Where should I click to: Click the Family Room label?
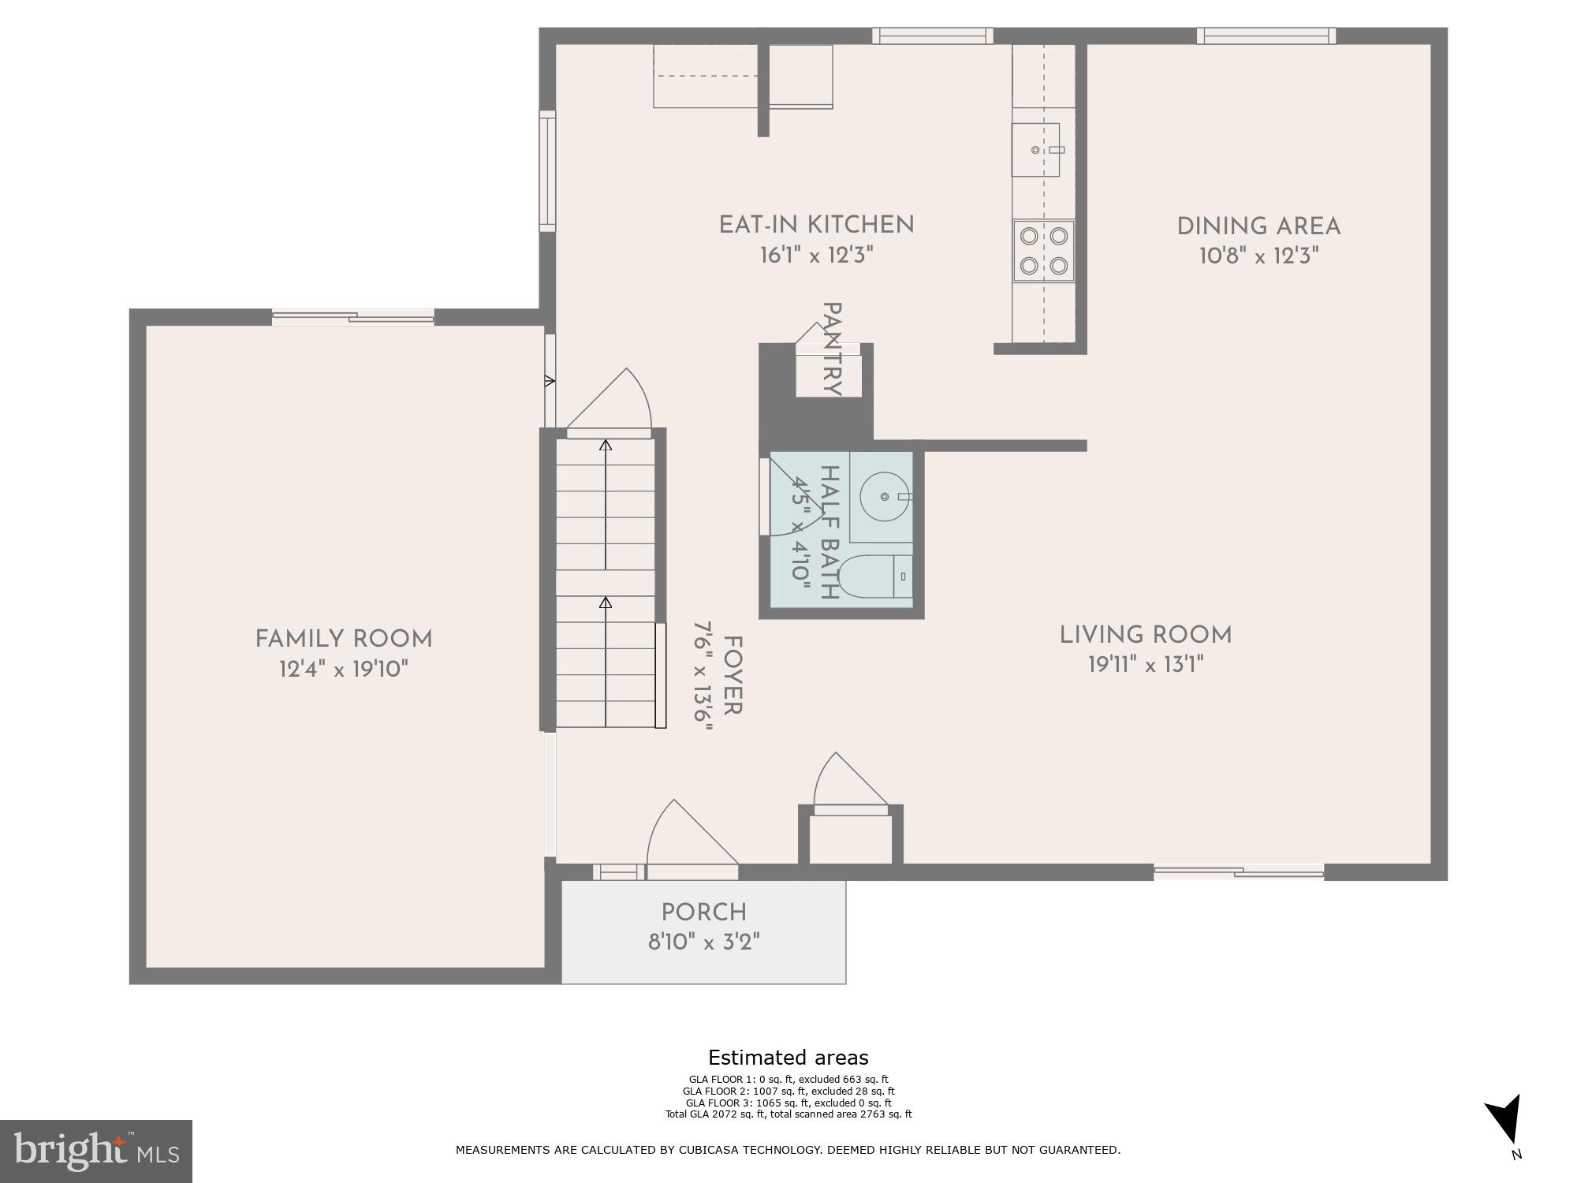(x=344, y=639)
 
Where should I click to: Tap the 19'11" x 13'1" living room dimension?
(x=1146, y=665)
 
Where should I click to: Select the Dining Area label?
(x=1258, y=227)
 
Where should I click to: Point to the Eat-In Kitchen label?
(x=816, y=225)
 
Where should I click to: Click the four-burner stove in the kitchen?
(x=1043, y=251)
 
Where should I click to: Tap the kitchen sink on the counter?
(x=1035, y=150)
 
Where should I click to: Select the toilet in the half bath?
(x=874, y=577)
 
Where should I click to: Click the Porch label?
(x=703, y=912)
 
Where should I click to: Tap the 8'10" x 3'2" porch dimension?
(x=703, y=942)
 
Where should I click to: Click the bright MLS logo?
(x=96, y=1151)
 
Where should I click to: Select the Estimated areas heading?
(x=788, y=1058)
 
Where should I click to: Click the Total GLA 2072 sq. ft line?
(x=788, y=1114)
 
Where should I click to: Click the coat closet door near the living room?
(x=849, y=785)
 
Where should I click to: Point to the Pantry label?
(x=831, y=349)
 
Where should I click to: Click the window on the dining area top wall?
(x=1266, y=35)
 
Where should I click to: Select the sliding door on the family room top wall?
(x=352, y=317)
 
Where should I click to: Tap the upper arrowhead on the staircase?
(x=606, y=446)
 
